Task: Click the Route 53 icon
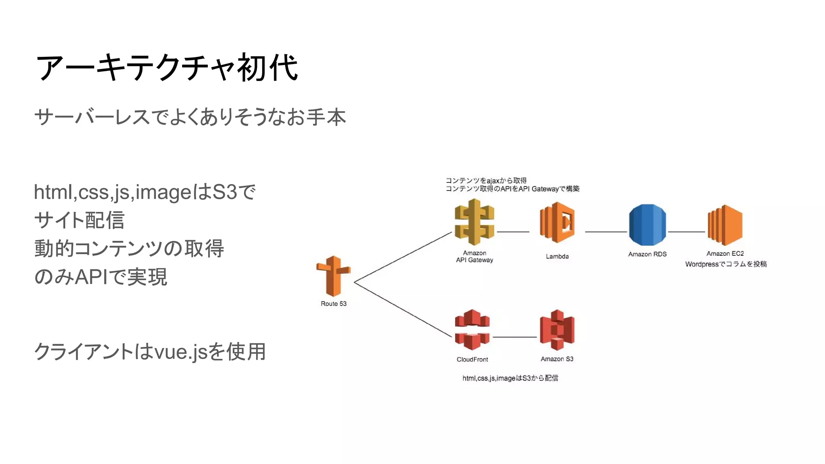click(x=334, y=276)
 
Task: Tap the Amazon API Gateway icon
click(x=474, y=222)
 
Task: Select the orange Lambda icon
click(x=557, y=223)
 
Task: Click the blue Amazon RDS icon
click(x=647, y=225)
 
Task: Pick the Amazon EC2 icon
click(x=725, y=225)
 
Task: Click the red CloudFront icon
click(x=472, y=330)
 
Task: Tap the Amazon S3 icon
click(x=557, y=330)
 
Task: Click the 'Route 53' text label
click(x=334, y=304)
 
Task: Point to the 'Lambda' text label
click(x=557, y=257)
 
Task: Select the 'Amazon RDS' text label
click(x=647, y=254)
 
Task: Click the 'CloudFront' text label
click(x=472, y=359)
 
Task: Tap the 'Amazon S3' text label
click(x=557, y=359)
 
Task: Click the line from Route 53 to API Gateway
click(x=403, y=257)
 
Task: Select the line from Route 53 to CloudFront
click(x=403, y=309)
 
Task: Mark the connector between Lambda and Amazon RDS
click(x=605, y=232)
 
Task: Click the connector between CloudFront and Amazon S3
click(x=514, y=337)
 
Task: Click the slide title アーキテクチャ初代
click(x=167, y=68)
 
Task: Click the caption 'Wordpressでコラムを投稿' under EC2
click(x=726, y=264)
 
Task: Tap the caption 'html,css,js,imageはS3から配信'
click(x=510, y=378)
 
